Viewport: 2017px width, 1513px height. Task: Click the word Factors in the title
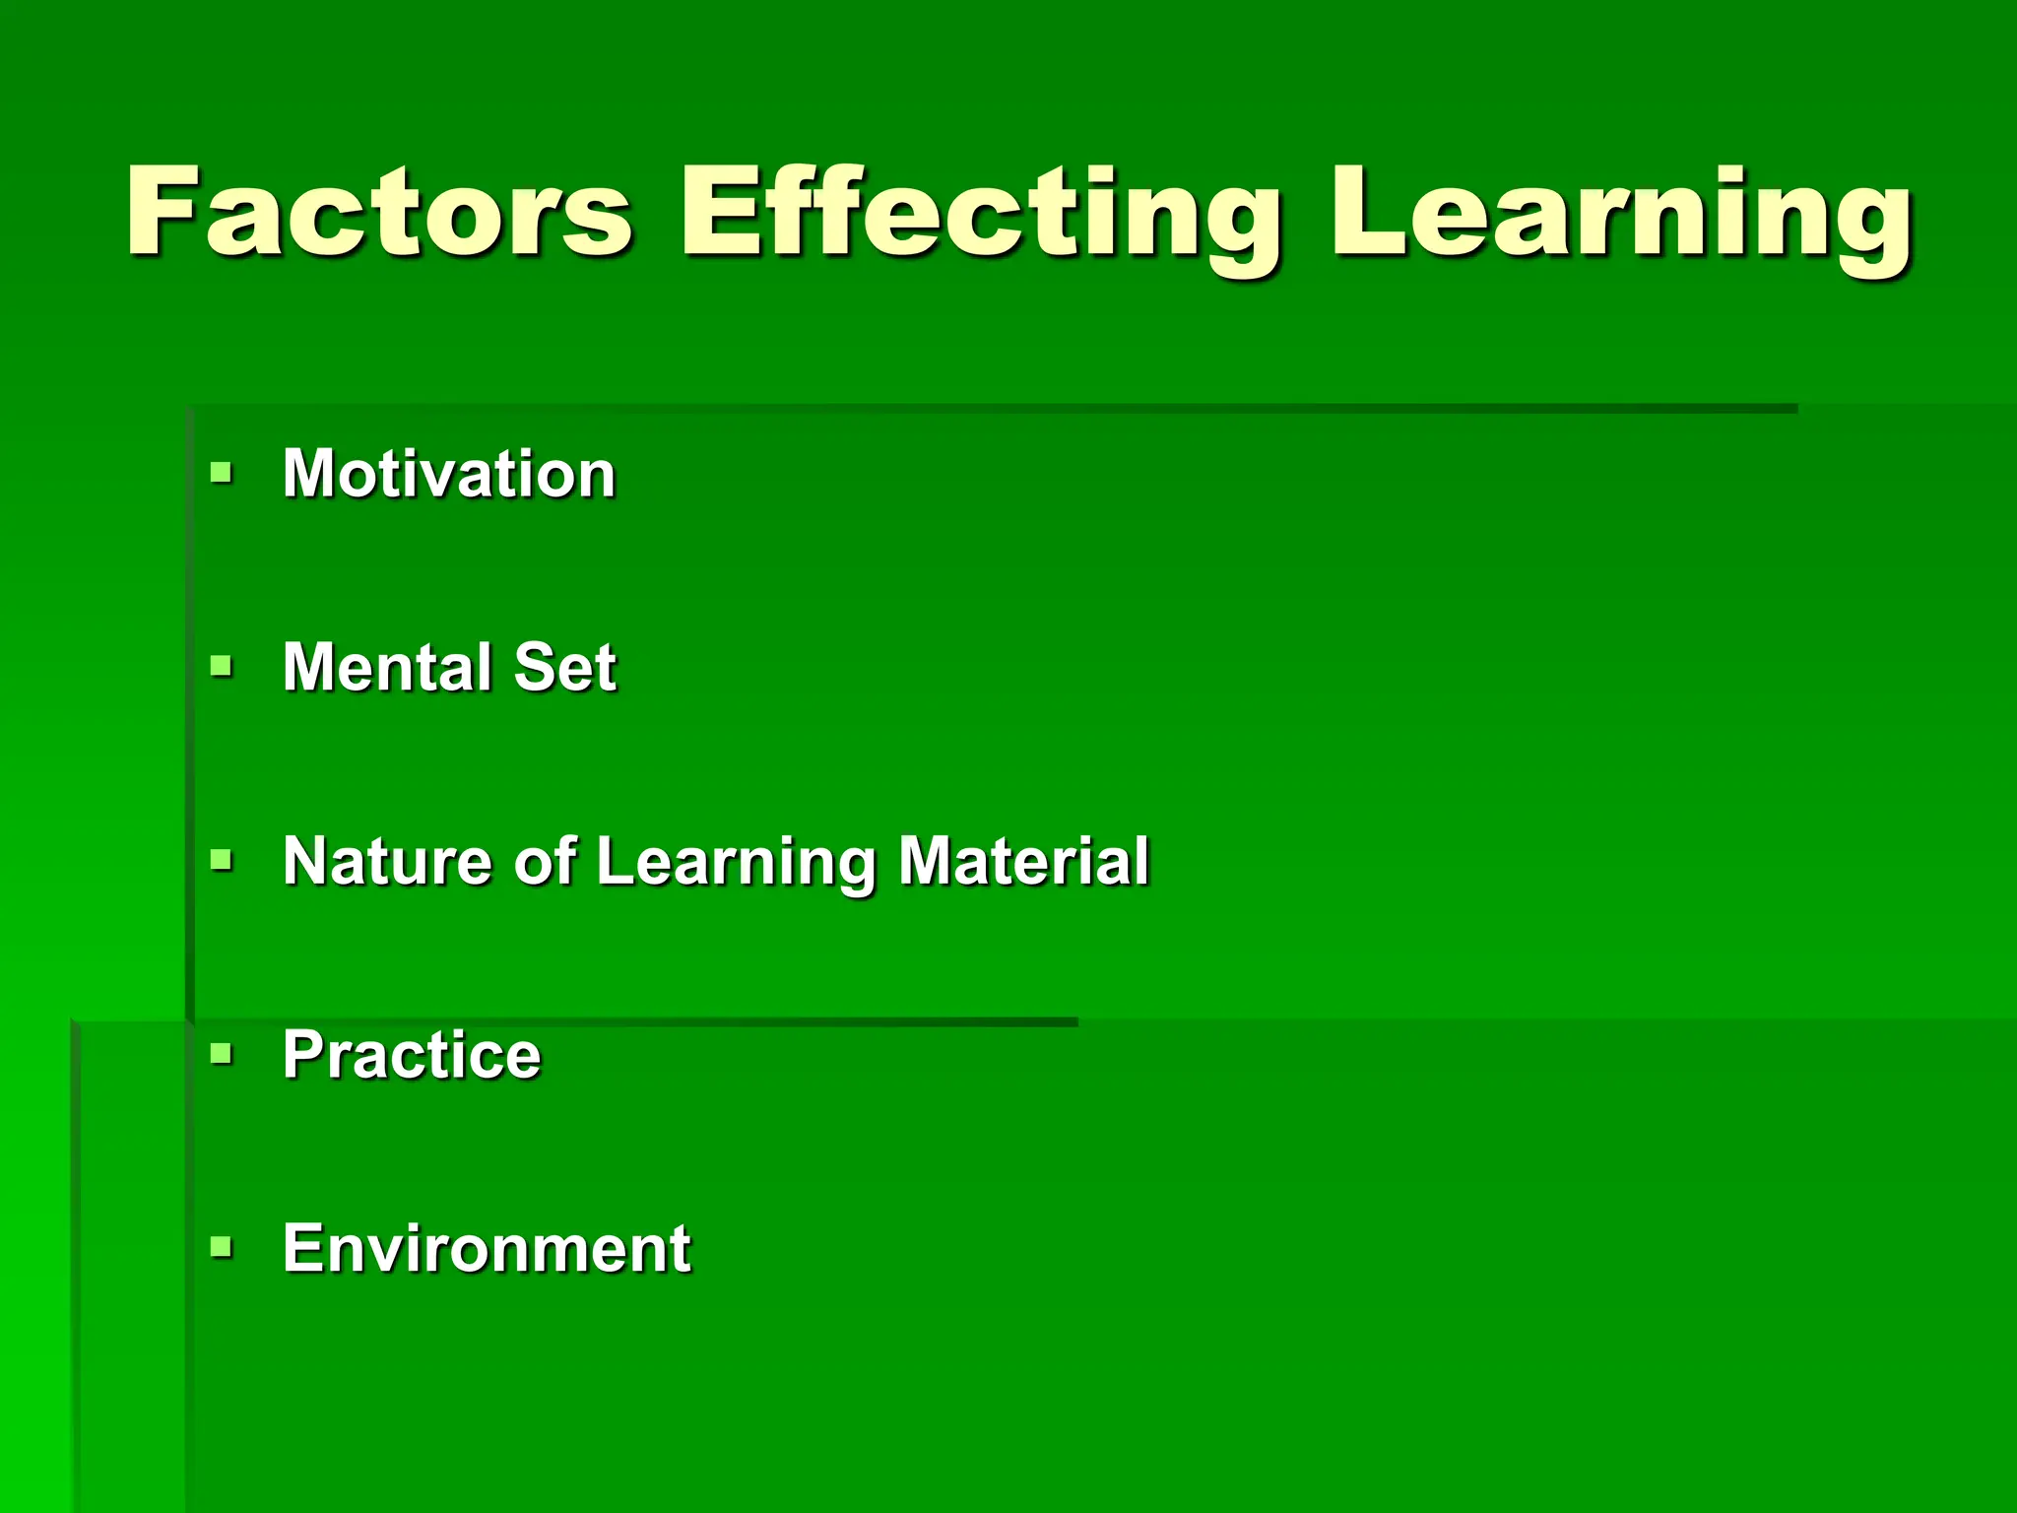click(379, 212)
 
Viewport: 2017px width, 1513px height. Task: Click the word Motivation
click(449, 474)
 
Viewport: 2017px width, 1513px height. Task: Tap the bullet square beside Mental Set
click(222, 666)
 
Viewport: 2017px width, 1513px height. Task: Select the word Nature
click(386, 860)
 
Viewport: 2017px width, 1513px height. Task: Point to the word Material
click(1023, 860)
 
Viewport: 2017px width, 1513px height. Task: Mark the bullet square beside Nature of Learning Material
click(222, 860)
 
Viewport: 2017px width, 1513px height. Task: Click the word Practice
click(412, 1055)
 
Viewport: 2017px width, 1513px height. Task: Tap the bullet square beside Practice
click(222, 1053)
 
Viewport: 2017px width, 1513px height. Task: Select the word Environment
click(487, 1248)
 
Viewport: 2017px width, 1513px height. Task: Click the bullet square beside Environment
click(222, 1247)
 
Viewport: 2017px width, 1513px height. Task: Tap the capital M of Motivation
click(308, 474)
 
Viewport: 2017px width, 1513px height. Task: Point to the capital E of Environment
click(302, 1248)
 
